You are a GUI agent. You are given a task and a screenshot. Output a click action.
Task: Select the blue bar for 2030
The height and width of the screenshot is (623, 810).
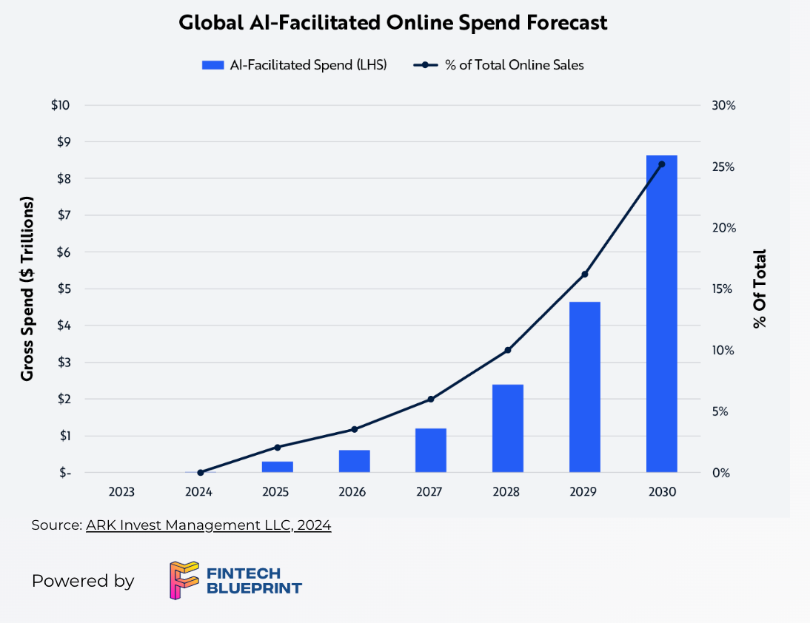tap(661, 314)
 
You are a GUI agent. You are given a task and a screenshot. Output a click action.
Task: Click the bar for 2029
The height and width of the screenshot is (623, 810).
tap(584, 387)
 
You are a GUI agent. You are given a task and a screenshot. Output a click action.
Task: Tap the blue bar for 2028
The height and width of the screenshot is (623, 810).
tap(507, 428)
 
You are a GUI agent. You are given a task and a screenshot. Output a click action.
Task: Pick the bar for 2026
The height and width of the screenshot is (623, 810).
tap(354, 461)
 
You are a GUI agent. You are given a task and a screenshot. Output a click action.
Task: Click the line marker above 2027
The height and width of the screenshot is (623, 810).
tap(431, 400)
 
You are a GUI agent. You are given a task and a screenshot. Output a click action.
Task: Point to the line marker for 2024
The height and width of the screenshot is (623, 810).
tap(200, 472)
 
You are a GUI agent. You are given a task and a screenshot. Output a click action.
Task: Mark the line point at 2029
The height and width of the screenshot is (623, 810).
tap(584, 275)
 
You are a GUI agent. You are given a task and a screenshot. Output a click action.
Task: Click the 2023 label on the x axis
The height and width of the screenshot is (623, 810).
tap(121, 492)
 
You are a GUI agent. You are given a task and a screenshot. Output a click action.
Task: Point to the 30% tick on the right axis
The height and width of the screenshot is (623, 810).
tap(723, 105)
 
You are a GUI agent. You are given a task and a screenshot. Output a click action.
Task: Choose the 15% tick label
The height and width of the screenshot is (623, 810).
tap(723, 289)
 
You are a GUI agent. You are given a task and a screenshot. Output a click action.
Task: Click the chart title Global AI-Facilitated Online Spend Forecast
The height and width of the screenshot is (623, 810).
tap(393, 23)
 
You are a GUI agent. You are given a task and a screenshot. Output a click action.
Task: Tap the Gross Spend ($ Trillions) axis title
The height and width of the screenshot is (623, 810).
tap(27, 289)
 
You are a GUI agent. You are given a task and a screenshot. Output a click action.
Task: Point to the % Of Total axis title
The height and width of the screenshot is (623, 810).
tap(759, 289)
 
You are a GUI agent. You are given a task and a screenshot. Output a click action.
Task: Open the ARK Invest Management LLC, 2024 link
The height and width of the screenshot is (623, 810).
tap(208, 525)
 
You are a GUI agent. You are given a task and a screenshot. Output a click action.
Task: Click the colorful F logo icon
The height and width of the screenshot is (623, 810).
tap(184, 580)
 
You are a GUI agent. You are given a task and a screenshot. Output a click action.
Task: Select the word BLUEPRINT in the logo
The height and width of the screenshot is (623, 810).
tap(254, 589)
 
